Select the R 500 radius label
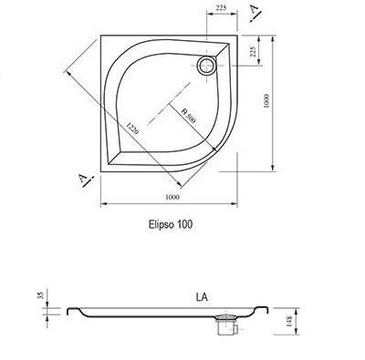pyautogui.click(x=188, y=116)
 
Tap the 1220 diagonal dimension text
pyautogui.click(x=132, y=129)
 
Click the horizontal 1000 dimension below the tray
pyautogui.click(x=172, y=197)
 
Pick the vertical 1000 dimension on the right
pyautogui.click(x=266, y=101)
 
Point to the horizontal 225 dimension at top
pyautogui.click(x=221, y=8)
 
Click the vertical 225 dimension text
pyautogui.click(x=252, y=52)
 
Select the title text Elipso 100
pyautogui.click(x=171, y=224)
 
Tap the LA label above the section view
pyautogui.click(x=202, y=297)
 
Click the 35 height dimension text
pyautogui.click(x=42, y=294)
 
